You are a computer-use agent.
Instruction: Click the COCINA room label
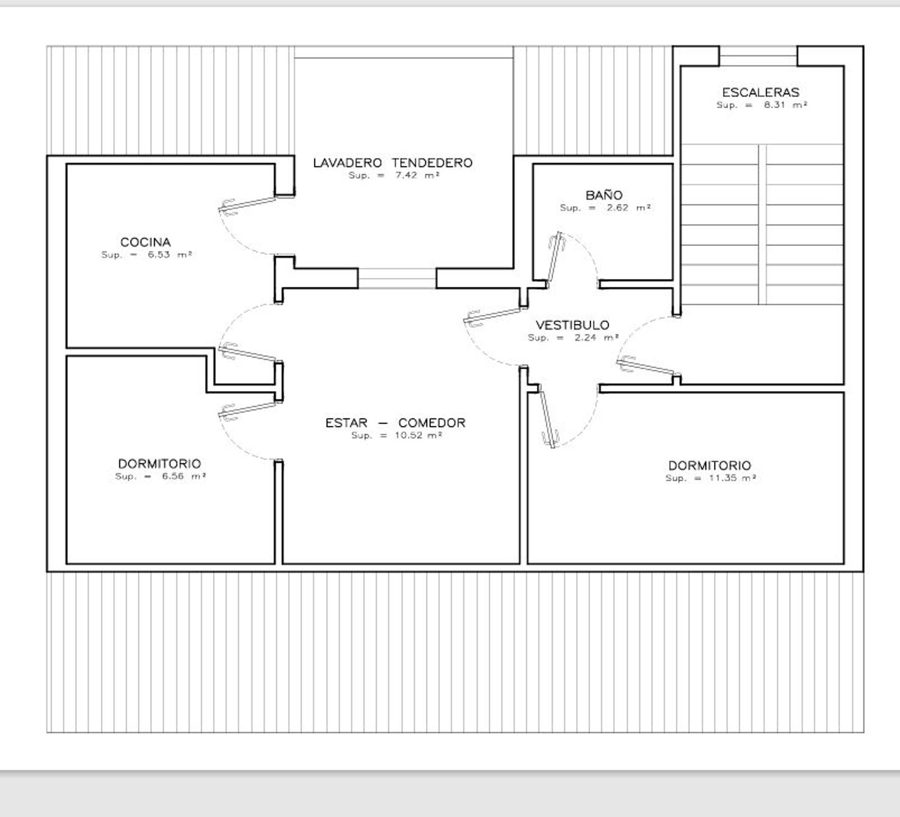coord(145,242)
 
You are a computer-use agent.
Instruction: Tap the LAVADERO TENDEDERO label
coord(392,163)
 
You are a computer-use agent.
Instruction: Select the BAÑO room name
coord(604,195)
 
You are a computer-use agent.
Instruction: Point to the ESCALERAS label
coord(760,92)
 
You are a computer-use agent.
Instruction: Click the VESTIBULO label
coord(572,325)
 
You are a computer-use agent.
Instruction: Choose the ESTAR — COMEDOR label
coord(395,423)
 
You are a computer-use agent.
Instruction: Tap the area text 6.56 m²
coord(184,476)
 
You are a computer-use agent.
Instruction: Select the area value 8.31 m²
coord(785,104)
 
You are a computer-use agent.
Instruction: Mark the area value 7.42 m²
coord(417,175)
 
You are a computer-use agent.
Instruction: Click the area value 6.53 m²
coord(170,254)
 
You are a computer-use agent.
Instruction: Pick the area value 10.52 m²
coord(418,435)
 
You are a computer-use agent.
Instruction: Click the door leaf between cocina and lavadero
coord(248,204)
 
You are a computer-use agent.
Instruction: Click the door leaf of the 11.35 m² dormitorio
coord(547,417)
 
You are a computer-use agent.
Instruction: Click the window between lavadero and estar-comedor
coord(397,278)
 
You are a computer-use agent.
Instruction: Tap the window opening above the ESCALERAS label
coord(758,56)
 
